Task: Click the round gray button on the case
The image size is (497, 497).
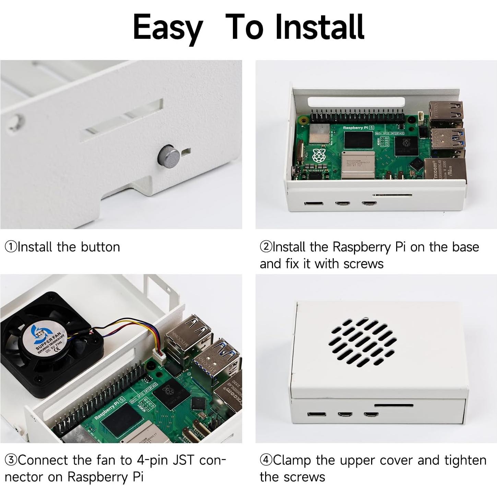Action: (169, 156)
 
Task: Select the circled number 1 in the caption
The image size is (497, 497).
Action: (11, 247)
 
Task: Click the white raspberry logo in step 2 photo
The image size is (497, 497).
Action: (319, 156)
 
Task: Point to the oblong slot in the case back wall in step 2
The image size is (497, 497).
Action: (356, 102)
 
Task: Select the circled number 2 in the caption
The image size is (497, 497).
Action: (266, 247)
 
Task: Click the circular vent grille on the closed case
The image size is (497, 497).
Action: (363, 342)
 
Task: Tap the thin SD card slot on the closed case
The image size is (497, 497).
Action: (393, 405)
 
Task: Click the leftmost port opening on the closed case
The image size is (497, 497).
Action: (317, 414)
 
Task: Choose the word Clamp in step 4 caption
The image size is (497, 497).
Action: (292, 460)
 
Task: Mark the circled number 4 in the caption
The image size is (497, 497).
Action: (266, 460)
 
